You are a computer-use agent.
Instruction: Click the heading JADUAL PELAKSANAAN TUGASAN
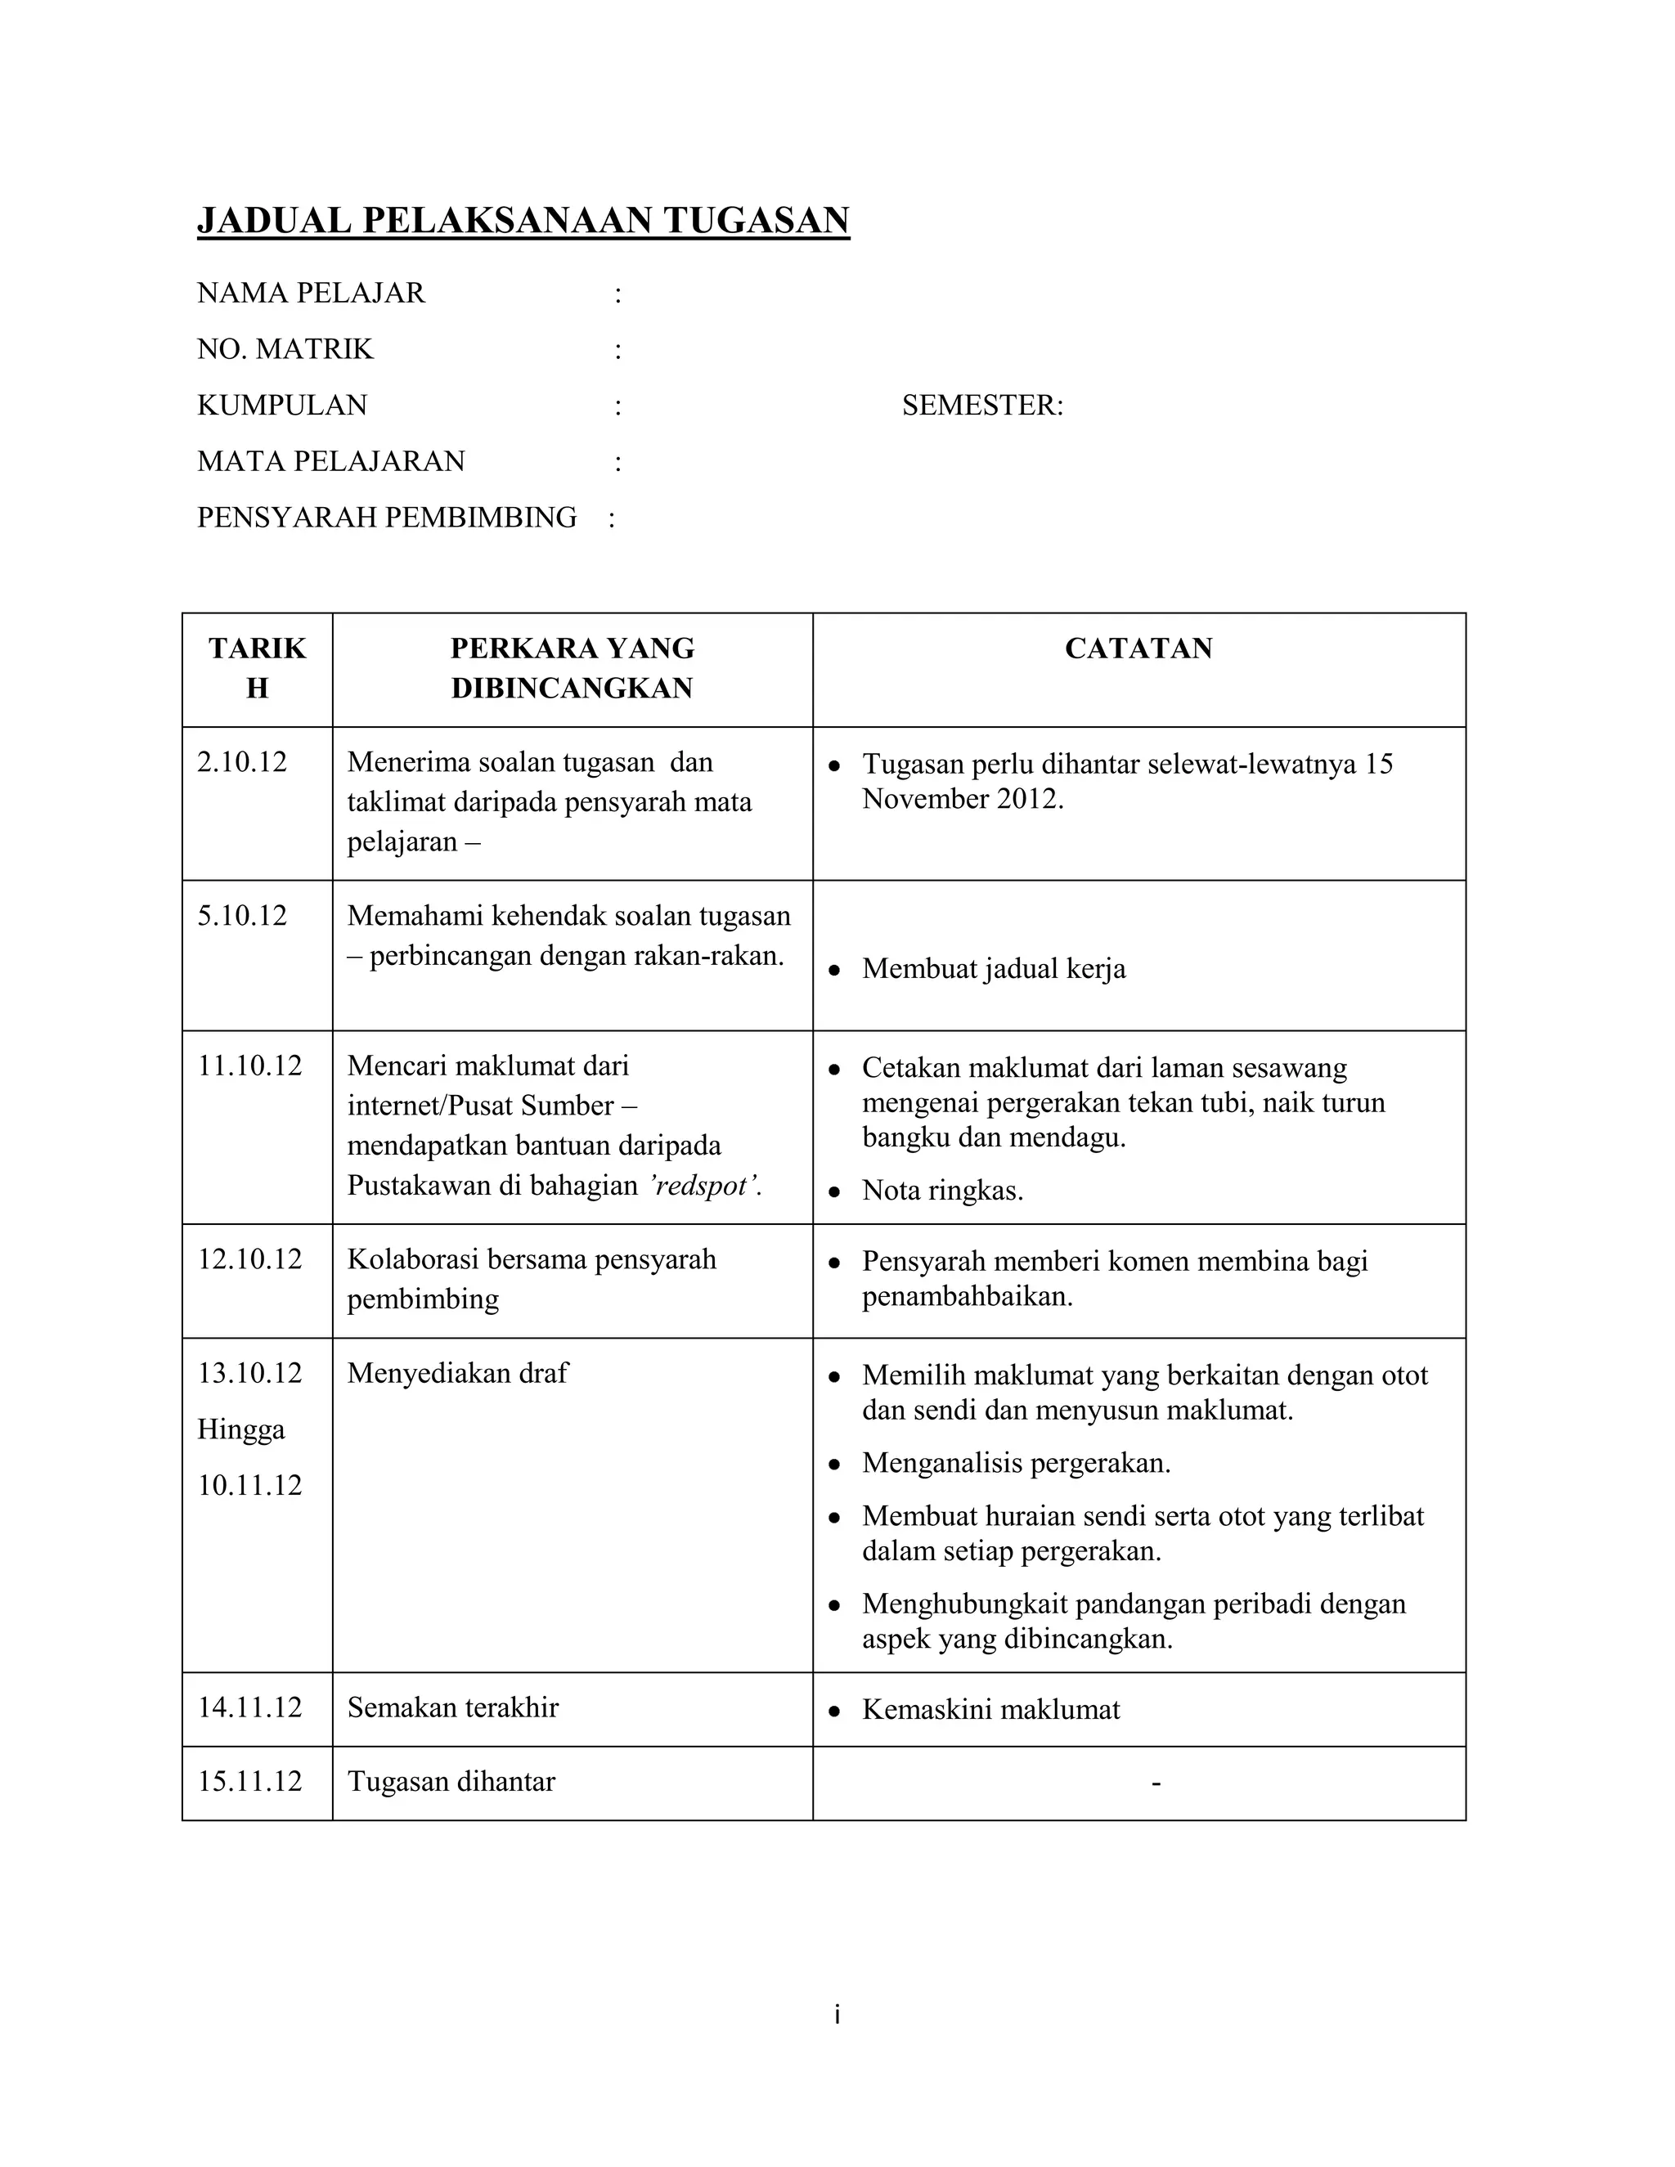(x=523, y=220)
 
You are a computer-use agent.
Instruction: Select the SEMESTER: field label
(x=981, y=406)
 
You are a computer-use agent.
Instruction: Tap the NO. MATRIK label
(x=285, y=349)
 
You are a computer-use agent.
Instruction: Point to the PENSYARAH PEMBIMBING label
(x=386, y=518)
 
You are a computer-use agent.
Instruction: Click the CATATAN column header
(x=1138, y=649)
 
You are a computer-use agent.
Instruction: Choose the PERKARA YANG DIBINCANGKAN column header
(x=572, y=669)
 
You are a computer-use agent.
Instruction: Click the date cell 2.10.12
(x=241, y=763)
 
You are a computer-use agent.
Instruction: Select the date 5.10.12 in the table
(x=241, y=916)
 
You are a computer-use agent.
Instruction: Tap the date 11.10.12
(x=249, y=1066)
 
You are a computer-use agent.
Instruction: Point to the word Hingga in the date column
(x=240, y=1429)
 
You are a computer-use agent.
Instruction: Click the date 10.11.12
(x=249, y=1485)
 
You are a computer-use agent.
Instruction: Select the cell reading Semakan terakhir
(x=452, y=1707)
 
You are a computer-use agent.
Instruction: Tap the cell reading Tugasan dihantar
(x=451, y=1782)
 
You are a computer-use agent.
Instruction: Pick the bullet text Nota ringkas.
(x=941, y=1191)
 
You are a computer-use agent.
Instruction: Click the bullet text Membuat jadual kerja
(x=993, y=969)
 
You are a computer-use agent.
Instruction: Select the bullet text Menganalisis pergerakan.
(x=1016, y=1464)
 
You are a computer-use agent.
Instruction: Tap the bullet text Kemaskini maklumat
(x=990, y=1710)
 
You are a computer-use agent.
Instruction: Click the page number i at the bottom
(x=837, y=2015)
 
